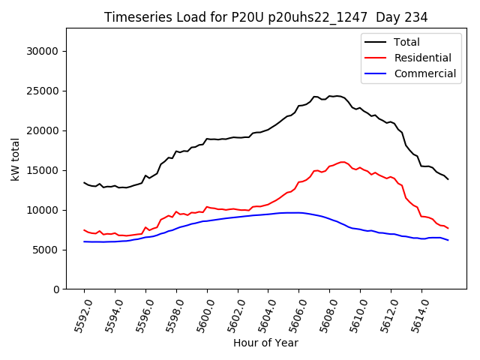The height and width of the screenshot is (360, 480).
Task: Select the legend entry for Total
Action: coord(406,42)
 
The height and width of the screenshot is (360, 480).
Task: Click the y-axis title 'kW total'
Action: coord(16,158)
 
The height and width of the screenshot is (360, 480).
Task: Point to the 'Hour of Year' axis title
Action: coord(265,343)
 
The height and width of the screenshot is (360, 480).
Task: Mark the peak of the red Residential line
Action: coord(343,162)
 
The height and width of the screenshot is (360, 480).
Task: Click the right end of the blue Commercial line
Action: coord(448,240)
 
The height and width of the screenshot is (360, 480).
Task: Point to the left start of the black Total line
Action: coord(84,182)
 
